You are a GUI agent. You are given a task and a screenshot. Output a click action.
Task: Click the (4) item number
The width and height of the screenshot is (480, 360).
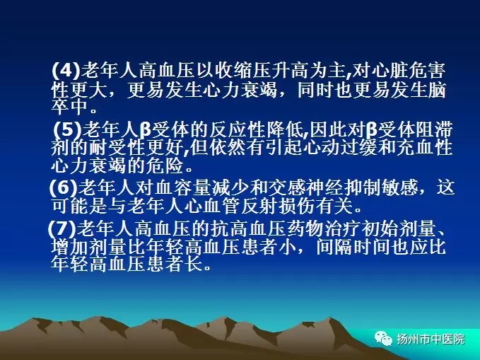point(66,70)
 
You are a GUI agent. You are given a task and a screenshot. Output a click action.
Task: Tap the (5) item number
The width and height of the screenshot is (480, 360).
point(68,130)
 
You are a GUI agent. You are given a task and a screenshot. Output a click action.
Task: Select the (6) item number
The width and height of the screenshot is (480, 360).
point(64,187)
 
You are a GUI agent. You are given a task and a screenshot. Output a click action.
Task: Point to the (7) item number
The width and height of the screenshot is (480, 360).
point(62,229)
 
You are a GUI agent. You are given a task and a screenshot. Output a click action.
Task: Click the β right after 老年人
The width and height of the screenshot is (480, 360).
point(146,131)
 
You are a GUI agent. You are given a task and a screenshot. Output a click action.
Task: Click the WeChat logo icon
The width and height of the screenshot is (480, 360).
point(383,339)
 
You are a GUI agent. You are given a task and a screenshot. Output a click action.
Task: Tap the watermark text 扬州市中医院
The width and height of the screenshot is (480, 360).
point(431,339)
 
